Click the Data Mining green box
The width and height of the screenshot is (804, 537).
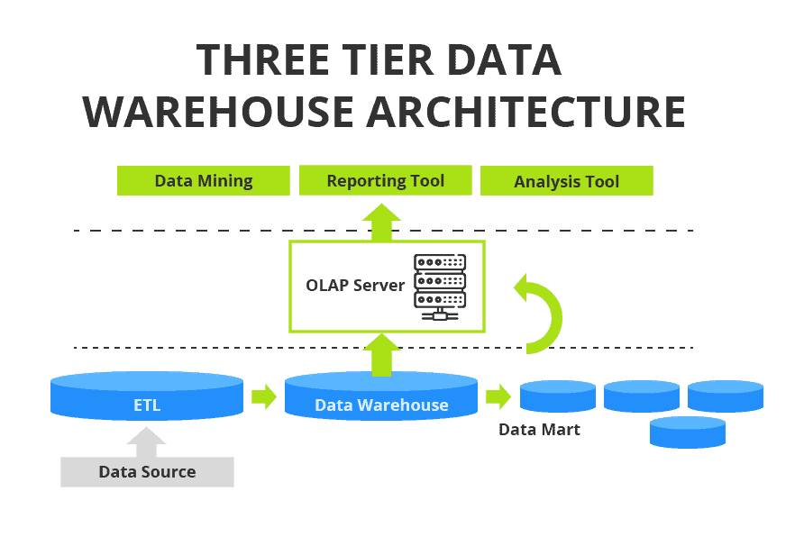tap(204, 180)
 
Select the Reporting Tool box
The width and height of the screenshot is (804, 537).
tap(385, 180)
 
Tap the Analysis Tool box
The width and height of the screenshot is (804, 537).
tap(566, 181)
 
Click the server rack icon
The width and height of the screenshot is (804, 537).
tap(440, 287)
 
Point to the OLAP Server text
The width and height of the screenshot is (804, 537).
tap(354, 286)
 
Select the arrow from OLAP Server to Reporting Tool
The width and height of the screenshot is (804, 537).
tap(382, 221)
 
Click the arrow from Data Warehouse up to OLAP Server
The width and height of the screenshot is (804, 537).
tap(382, 354)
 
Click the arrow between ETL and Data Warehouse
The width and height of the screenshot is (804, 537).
tap(264, 396)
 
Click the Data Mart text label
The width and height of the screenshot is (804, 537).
tap(540, 430)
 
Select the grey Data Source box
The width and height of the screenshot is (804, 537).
tap(147, 471)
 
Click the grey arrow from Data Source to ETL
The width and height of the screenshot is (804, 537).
tap(146, 441)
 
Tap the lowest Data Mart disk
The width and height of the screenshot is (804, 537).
tap(688, 432)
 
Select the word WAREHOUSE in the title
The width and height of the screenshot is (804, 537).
tap(218, 112)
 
